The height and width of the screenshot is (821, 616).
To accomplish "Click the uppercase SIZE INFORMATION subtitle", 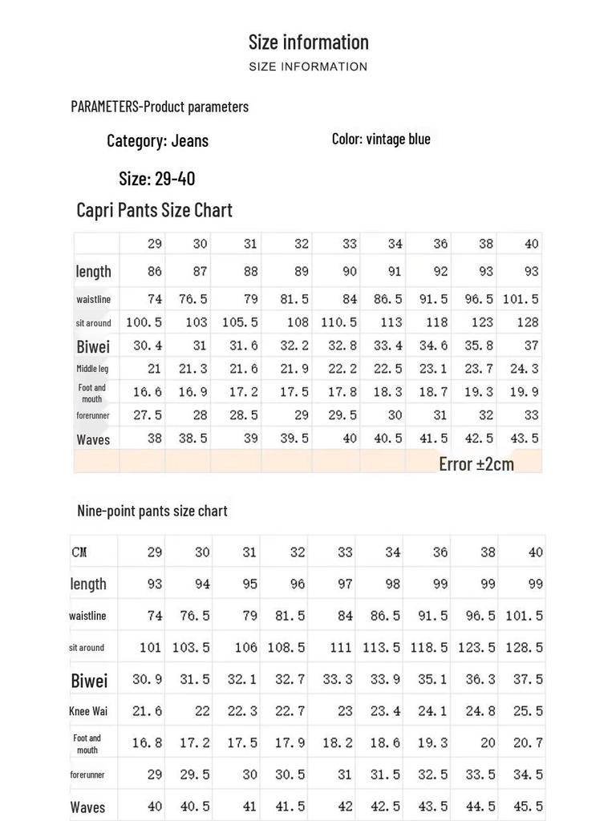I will [308, 67].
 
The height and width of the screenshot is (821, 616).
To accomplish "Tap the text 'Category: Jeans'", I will [157, 141].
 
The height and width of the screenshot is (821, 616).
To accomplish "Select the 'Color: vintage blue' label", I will [381, 139].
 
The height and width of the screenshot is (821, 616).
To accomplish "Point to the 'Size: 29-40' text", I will [156, 178].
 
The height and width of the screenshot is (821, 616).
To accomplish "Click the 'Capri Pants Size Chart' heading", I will [154, 210].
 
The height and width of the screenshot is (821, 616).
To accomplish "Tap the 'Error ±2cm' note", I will [476, 463].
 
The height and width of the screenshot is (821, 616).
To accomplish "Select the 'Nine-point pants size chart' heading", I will [152, 511].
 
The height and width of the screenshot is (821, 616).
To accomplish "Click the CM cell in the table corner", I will [79, 552].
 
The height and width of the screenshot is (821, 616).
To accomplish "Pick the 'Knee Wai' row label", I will [88, 711].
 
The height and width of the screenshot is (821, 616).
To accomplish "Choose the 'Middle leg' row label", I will [92, 369].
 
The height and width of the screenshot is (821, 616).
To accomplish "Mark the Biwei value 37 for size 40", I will [531, 346].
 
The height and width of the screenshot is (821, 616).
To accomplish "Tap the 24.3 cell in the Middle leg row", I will [525, 369].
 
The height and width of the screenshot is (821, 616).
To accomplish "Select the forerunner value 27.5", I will [148, 415].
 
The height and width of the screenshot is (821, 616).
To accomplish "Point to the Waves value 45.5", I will [528, 807].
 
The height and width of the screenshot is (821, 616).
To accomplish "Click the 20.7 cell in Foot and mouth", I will [528, 743].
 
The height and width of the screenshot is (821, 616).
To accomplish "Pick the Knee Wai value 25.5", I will [528, 711].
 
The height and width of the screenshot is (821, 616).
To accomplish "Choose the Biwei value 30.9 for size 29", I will [147, 679].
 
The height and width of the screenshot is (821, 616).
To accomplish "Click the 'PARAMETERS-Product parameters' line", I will [160, 107].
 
